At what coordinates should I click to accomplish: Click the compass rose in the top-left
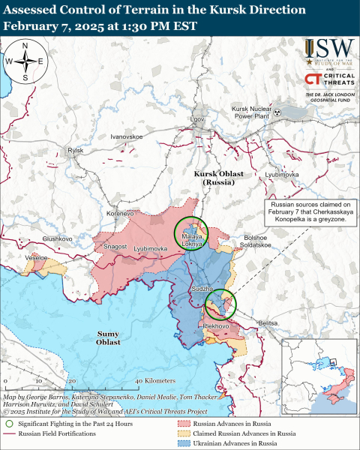point(25,61)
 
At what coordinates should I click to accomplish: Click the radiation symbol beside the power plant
point(277,112)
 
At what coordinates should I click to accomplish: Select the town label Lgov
point(198,119)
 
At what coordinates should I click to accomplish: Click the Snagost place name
point(115,246)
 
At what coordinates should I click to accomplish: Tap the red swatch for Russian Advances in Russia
point(181,424)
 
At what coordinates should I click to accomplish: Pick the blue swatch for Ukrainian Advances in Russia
point(181,445)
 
